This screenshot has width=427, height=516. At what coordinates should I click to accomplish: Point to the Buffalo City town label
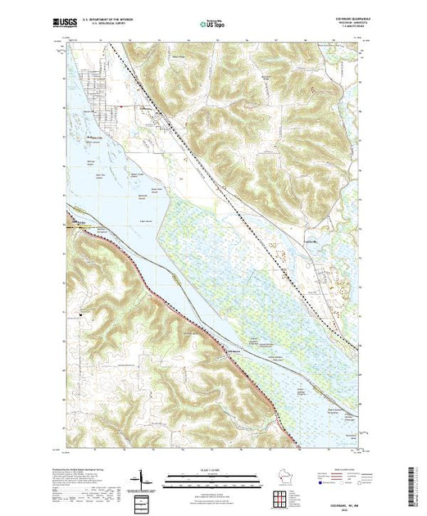pos(97,138)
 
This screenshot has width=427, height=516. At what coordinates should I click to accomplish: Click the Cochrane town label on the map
pos(146,108)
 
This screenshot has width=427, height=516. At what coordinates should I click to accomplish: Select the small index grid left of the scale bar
pos(143,500)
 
